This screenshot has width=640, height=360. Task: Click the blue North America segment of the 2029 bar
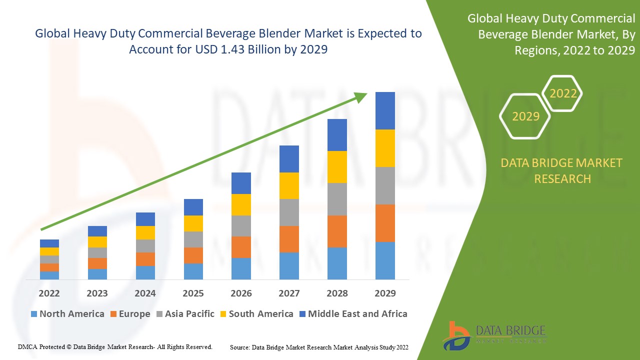pos(385,260)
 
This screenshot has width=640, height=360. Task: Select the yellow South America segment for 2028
pos(337,167)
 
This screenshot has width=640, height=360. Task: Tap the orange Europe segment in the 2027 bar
pos(289,239)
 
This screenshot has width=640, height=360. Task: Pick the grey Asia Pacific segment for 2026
pos(241,226)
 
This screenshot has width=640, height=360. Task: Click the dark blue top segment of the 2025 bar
pos(193,207)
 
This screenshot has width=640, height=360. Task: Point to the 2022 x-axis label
pos(49,293)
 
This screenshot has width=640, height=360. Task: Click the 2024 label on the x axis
pos(145,293)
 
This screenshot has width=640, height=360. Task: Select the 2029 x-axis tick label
pos(385,293)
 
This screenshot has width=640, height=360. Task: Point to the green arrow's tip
pos(365,94)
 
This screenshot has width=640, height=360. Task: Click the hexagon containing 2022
pos(563,93)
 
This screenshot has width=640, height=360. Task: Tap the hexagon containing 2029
pos(525,116)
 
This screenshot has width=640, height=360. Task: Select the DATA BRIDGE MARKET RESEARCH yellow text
pos(562,170)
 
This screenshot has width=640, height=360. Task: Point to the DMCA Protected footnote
pos(115,346)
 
